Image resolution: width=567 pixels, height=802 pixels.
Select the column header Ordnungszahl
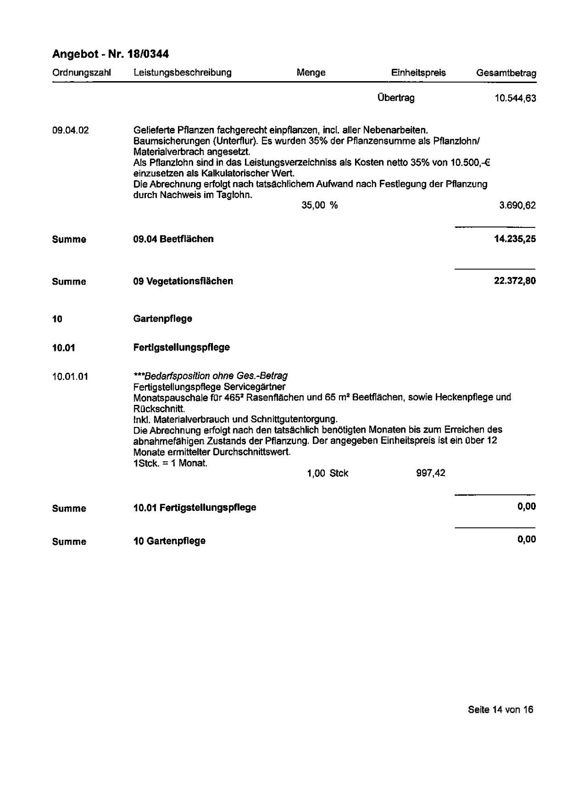(82, 73)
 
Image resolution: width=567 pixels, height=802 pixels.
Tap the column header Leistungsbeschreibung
(182, 73)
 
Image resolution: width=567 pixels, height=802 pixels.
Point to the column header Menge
(311, 73)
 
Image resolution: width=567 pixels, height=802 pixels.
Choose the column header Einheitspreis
(418, 73)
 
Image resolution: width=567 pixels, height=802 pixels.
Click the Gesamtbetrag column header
(506, 73)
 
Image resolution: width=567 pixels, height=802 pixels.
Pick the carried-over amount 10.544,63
(515, 99)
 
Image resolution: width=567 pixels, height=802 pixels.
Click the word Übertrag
(396, 98)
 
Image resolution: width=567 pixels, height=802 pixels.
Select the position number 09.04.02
(70, 130)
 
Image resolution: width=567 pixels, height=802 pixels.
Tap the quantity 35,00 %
(320, 205)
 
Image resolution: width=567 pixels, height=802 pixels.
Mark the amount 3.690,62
(517, 206)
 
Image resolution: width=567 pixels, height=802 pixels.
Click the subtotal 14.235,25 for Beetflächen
(515, 239)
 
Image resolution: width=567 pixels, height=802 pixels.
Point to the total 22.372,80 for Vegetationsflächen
(515, 281)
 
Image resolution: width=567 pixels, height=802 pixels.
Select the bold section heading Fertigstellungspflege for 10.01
(181, 348)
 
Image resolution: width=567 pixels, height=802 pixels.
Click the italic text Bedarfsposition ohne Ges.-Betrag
(211, 376)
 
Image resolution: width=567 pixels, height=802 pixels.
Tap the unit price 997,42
(431, 473)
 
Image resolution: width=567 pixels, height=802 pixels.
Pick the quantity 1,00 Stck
(327, 473)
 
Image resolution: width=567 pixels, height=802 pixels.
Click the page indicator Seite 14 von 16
(500, 710)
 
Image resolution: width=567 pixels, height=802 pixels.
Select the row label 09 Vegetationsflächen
(183, 281)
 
